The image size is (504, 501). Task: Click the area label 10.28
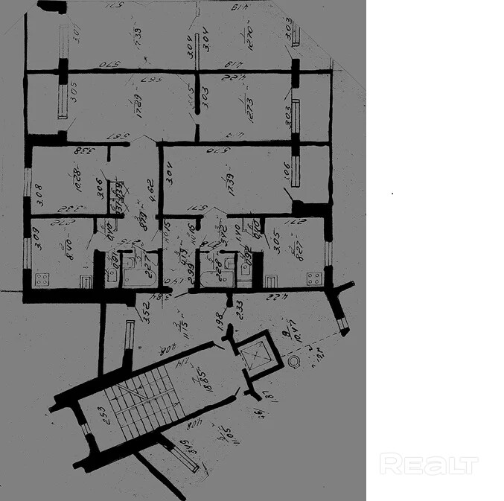(78, 179)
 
